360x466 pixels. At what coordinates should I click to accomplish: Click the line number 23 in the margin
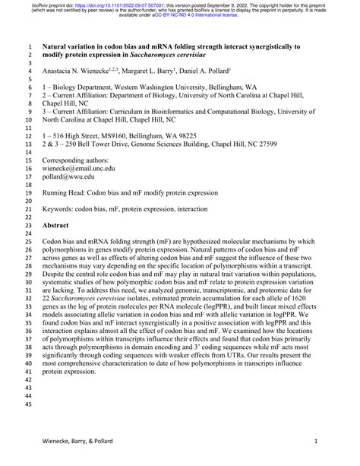click(26, 226)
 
